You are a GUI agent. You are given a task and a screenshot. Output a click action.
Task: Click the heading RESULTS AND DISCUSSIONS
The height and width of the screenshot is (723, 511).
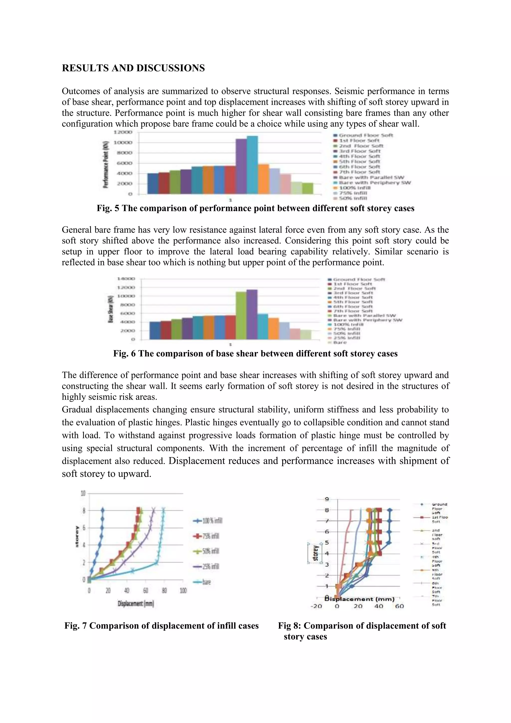coord(133,68)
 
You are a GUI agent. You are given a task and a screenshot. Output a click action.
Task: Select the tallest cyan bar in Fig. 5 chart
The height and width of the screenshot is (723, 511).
coord(252,165)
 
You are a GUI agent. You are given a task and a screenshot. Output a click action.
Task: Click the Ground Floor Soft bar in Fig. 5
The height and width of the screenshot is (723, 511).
coord(153,183)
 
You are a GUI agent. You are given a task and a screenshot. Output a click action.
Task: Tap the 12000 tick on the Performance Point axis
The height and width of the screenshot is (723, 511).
coord(123,132)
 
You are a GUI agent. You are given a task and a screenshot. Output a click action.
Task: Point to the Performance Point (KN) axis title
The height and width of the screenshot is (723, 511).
coord(106,165)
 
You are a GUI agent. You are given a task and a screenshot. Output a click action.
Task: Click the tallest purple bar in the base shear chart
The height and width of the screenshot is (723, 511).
coord(252,314)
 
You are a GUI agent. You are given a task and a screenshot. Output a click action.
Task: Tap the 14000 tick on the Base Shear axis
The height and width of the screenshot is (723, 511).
coord(126,279)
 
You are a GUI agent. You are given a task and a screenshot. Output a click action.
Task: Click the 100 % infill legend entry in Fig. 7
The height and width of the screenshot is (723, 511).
coord(208,520)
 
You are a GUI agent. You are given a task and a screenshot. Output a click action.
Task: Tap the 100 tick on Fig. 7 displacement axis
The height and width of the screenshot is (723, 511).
coord(183,591)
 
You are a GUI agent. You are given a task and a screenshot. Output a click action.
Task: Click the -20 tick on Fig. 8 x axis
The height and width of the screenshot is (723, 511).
coord(316,606)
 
